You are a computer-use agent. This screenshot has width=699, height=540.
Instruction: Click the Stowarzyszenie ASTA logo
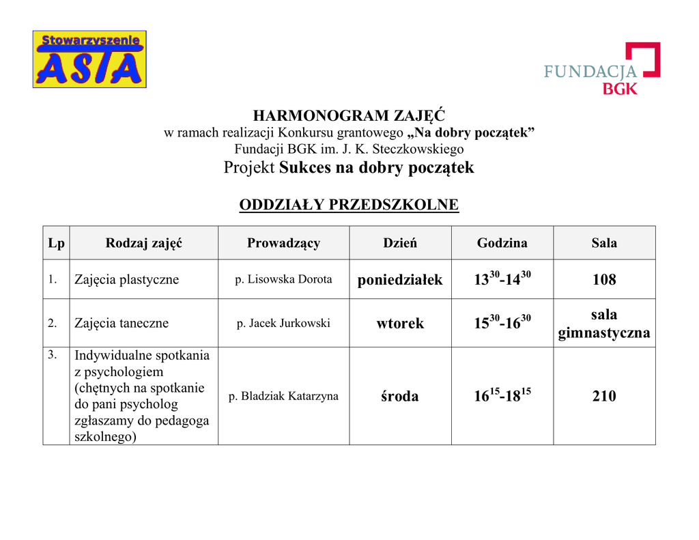[x=89, y=59]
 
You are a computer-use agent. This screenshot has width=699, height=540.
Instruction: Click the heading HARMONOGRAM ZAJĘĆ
[x=349, y=115]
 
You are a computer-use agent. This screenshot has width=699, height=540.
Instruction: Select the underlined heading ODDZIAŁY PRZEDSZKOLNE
[x=349, y=205]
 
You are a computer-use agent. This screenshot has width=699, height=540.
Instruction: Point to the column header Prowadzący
[x=283, y=243]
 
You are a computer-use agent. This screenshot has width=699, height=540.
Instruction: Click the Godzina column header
[x=502, y=243]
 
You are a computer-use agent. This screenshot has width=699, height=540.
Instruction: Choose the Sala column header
[x=604, y=243]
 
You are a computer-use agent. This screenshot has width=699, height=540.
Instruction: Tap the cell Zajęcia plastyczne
[x=126, y=279]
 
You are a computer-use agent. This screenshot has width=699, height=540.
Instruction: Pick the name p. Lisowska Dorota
[x=283, y=279]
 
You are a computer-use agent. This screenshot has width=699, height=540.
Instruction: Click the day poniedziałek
[x=400, y=280]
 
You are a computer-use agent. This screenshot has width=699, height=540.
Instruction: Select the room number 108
[x=604, y=280]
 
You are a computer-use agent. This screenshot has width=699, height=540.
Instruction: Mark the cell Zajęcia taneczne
[x=122, y=323]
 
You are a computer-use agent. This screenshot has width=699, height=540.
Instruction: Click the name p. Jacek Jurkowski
[x=283, y=323]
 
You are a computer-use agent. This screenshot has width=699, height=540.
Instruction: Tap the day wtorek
[x=400, y=324]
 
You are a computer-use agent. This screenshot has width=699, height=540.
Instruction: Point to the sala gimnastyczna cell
[x=604, y=324]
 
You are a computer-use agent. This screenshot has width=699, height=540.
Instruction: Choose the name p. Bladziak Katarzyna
[x=283, y=396]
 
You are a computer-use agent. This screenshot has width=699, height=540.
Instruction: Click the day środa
[x=400, y=397]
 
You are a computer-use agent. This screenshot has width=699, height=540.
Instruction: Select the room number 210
[x=604, y=397]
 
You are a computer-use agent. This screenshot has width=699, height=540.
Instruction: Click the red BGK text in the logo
[x=620, y=88]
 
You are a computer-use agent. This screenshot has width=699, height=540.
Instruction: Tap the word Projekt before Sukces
[x=250, y=168]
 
